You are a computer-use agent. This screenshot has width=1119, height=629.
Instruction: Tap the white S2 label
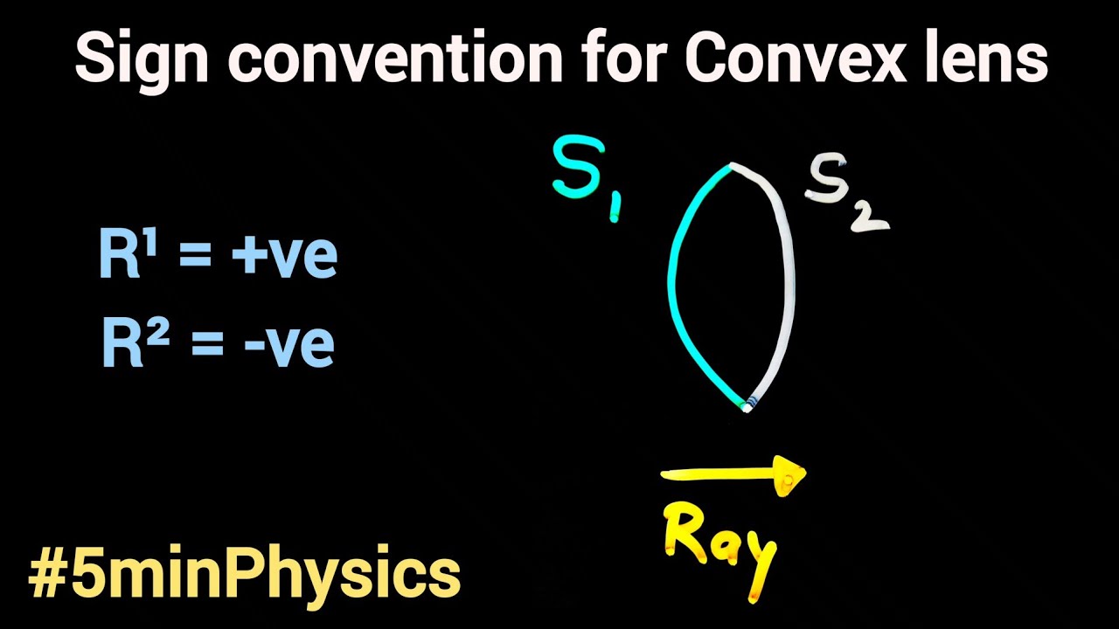(844, 192)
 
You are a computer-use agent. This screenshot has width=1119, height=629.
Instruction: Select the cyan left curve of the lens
(675, 280)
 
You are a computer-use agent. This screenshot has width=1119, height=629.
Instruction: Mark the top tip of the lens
(732, 165)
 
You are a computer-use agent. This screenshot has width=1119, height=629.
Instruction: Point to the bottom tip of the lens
(746, 407)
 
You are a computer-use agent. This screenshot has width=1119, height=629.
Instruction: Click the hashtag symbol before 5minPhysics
(49, 574)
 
